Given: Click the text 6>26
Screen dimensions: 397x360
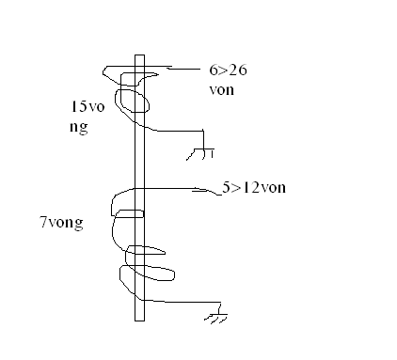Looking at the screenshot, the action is (228, 70).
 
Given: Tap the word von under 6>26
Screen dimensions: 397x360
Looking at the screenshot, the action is (221, 90).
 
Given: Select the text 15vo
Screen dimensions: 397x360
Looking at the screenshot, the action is (87, 106).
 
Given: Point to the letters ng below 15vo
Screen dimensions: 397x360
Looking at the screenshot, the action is (79, 128).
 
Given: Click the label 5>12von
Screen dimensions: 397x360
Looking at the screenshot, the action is (254, 187).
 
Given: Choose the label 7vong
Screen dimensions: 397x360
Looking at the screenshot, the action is (62, 223).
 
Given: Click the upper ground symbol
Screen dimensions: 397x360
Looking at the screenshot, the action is (200, 154).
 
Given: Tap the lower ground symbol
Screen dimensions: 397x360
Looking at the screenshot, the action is (216, 318).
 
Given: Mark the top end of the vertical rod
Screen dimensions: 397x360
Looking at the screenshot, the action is (140, 55).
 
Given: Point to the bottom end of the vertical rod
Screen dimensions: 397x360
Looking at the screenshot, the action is (140, 321).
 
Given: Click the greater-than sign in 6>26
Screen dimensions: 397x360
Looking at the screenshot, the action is (223, 70).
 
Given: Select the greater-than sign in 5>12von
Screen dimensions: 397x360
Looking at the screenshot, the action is (236, 188).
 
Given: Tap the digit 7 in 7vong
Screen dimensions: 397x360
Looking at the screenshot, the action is (43, 222).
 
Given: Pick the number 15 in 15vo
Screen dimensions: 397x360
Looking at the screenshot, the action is (79, 106).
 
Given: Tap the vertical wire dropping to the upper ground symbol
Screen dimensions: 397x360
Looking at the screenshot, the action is (203, 139).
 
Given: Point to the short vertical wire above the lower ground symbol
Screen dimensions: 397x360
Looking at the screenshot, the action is (219, 308).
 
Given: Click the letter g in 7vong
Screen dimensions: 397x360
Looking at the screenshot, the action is (79, 225).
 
